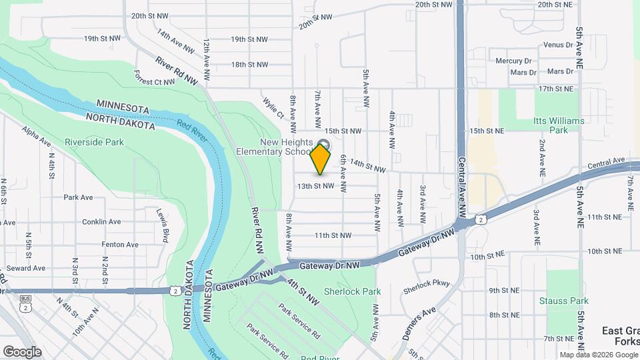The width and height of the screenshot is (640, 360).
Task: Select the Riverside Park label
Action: pyautogui.click(x=94, y=142)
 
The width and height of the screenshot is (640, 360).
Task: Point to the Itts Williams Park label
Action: pyautogui.click(x=559, y=125)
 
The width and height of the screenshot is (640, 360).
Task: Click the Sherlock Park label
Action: pyautogui.click(x=352, y=291)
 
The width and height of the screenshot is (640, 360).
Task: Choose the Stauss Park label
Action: pyautogui.click(x=563, y=301)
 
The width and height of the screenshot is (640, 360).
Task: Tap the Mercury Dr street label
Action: pyautogui.click(x=513, y=61)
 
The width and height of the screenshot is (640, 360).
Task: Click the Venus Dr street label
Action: pyautogui.click(x=558, y=45)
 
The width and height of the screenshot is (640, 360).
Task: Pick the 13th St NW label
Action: pyautogui.click(x=315, y=186)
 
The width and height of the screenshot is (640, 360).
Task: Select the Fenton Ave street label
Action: pyautogui.click(x=119, y=245)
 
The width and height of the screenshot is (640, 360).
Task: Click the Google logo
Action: pyautogui.click(x=22, y=351)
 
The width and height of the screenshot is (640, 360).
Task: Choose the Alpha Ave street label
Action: pyautogui.click(x=36, y=136)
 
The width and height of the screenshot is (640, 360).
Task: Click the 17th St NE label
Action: pyautogui.click(x=556, y=89)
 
